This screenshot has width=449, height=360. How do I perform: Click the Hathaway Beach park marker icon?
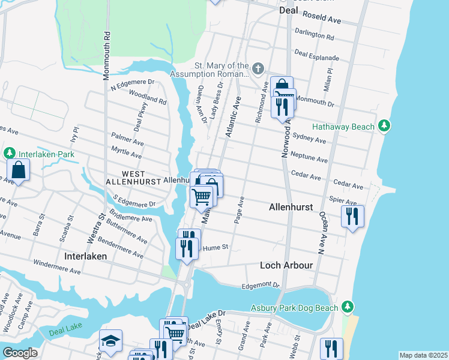point(385,127)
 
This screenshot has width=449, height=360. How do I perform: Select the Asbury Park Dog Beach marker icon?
point(347,307)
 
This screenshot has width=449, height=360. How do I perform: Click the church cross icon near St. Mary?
point(258,69)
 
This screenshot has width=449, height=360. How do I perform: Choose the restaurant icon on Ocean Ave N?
point(352,216)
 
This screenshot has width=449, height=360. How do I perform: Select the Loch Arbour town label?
point(286,265)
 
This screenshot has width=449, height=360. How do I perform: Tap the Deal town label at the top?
point(289,10)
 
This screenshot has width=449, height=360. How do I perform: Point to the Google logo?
point(20,353)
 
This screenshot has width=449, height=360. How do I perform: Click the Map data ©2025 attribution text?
point(423,355)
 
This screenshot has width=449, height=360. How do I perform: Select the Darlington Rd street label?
point(314,34)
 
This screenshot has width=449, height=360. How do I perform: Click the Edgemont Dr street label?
point(261,286)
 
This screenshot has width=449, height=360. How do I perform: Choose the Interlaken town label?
point(85,256)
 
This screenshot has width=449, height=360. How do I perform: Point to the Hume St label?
point(216,247)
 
